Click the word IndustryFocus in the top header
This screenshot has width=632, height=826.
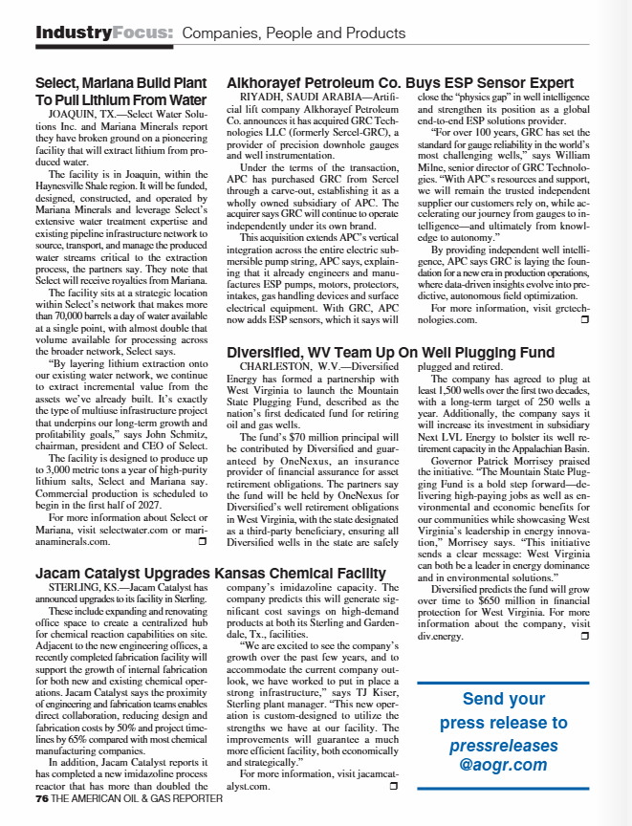tap(104, 33)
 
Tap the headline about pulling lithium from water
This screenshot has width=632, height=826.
tap(120, 91)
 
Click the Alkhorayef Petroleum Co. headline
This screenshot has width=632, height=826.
tap(400, 83)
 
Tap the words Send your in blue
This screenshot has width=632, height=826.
tap(503, 699)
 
